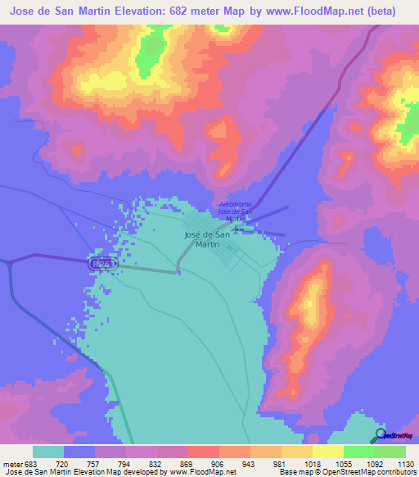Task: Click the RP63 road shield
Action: pyautogui.click(x=101, y=265)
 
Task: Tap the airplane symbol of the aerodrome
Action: pyautogui.click(x=237, y=228)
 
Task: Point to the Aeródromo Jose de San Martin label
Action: pyautogui.click(x=237, y=211)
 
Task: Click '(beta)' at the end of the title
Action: pyautogui.click(x=380, y=11)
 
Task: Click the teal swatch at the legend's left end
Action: pyautogui.click(x=48, y=452)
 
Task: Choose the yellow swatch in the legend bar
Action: pyautogui.click(x=328, y=452)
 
